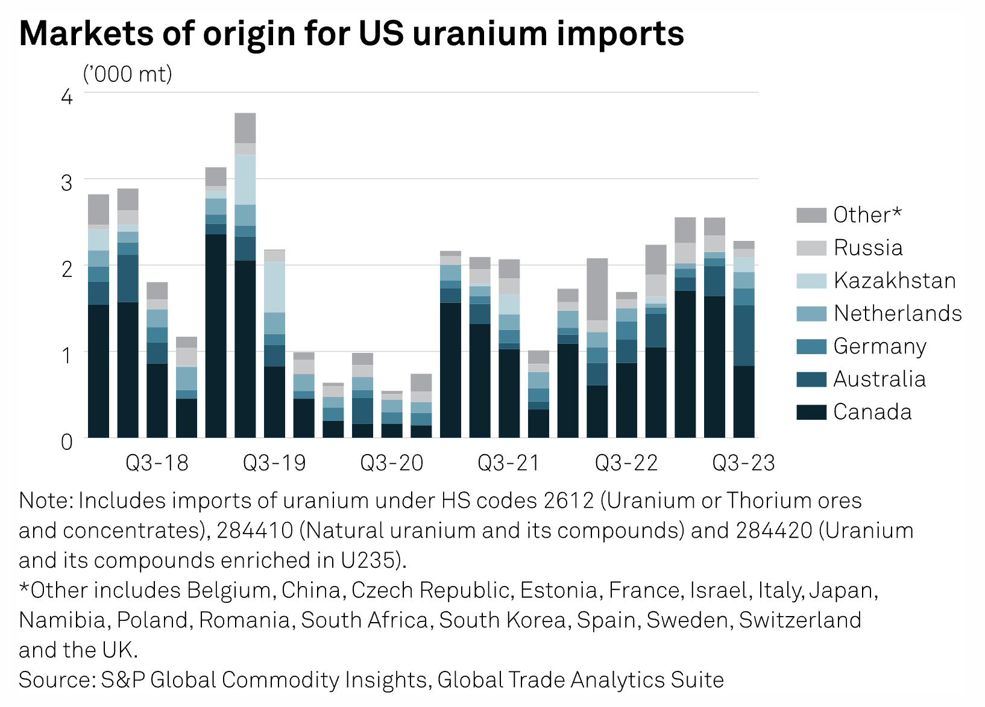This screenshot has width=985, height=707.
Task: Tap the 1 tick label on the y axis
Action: point(67,355)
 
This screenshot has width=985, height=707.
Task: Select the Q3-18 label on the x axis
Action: point(157,463)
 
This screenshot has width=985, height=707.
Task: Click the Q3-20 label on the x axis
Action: point(392,463)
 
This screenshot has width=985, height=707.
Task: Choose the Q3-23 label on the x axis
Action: point(743,463)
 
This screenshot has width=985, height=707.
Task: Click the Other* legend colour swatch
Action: point(811,215)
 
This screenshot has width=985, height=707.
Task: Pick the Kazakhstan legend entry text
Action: point(895,281)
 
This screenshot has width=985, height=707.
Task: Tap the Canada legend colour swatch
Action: point(811,412)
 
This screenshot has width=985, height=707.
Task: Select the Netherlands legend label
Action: point(898,313)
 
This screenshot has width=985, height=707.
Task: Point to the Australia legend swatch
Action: point(811,379)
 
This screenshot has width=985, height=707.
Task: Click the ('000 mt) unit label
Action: point(127,74)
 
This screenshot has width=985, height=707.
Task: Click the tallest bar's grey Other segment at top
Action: point(245,128)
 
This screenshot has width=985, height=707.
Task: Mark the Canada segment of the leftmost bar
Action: point(98,370)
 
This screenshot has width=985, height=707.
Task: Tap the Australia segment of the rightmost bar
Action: point(744,335)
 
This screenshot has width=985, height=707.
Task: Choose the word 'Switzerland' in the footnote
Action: point(800,620)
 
